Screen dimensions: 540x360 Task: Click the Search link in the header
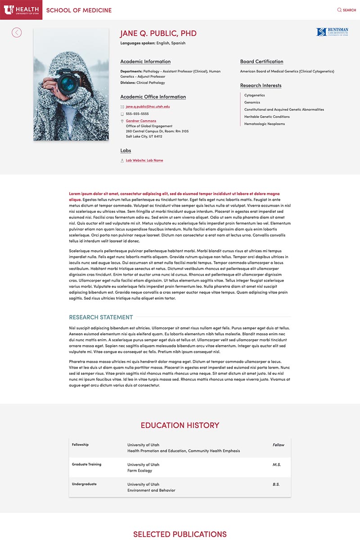[346, 10]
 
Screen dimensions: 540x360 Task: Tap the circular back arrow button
[17, 32]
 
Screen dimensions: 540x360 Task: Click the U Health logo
[21, 9]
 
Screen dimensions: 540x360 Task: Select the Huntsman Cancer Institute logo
[332, 32]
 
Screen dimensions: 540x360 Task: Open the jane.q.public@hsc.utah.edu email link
[148, 107]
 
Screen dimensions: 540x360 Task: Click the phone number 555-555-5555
[137, 114]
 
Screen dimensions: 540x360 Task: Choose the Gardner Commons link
[141, 121]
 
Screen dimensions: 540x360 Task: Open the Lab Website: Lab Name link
[144, 160]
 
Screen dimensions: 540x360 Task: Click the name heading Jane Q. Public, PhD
[158, 33]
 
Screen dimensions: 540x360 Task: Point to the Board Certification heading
[261, 62]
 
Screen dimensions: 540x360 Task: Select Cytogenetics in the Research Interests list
[254, 95]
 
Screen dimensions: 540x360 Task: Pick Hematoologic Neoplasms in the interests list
[264, 124]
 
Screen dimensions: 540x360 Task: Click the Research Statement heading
[101, 317]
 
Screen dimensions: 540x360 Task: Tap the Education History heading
[180, 425]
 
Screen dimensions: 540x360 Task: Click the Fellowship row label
[80, 445]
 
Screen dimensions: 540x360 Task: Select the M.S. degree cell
[276, 464]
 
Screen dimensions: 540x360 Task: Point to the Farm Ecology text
[139, 471]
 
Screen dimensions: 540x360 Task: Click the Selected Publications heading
[180, 534]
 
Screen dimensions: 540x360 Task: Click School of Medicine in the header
[79, 10]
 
